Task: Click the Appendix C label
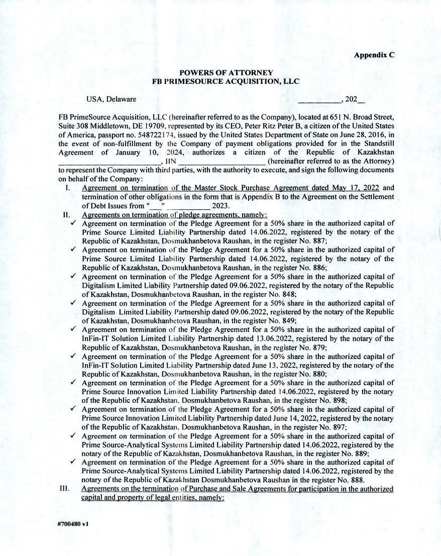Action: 374,55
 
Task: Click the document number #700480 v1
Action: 73,523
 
